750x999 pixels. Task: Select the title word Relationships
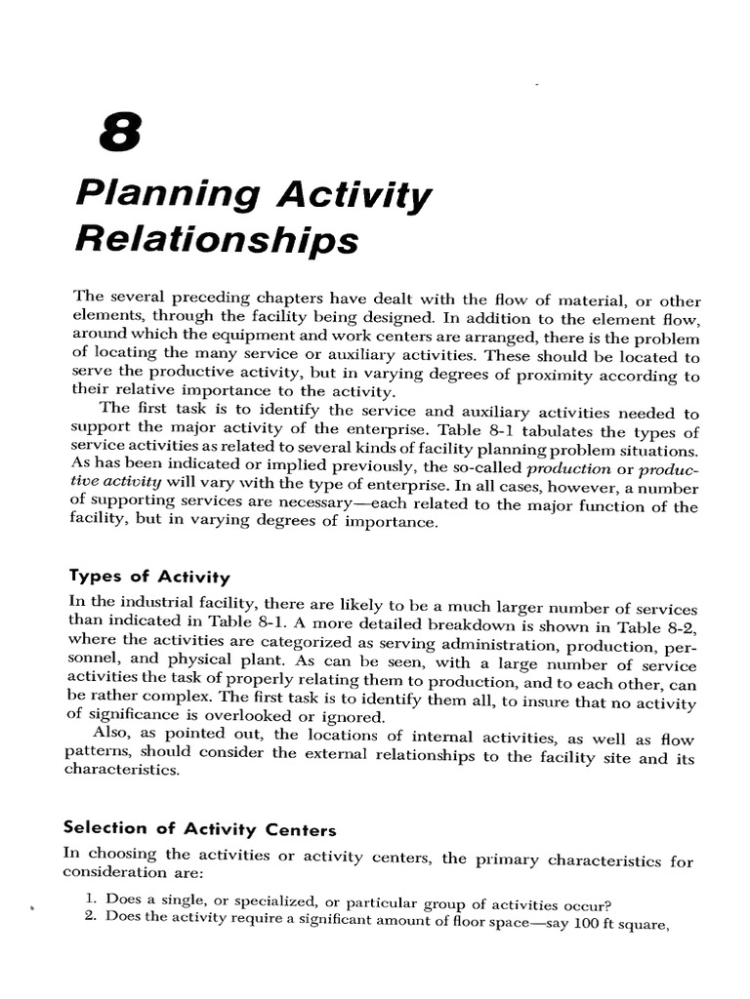[x=217, y=239]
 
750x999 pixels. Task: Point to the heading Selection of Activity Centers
[x=199, y=829]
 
